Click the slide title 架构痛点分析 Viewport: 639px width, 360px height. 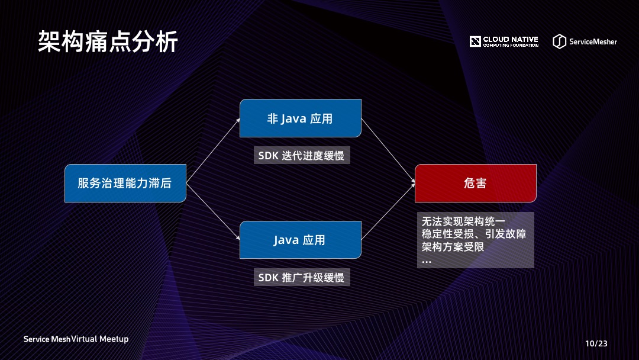coord(108,42)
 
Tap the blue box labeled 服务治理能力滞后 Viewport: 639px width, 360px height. coord(125,183)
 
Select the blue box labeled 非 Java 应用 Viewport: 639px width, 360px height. coord(300,118)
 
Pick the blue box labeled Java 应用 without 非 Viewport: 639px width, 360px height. coord(300,240)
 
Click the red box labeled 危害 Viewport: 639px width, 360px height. coord(475,183)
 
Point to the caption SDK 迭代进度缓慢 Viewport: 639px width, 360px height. coord(301,156)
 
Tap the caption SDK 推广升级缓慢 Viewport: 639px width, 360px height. coord(301,277)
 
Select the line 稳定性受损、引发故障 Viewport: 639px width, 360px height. coord(474,234)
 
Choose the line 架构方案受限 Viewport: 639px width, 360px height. coord(453,247)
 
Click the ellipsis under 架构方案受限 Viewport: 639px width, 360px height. coord(427,261)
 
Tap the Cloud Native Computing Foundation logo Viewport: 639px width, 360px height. coord(504,41)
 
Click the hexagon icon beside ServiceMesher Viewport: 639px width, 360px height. coord(559,41)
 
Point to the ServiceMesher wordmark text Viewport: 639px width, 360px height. coord(593,41)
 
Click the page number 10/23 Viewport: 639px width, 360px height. coord(596,343)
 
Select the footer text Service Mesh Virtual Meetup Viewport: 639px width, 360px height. coord(76,339)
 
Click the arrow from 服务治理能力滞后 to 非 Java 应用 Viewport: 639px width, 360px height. coord(213,150)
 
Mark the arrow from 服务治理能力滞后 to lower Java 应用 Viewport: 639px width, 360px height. coord(213,211)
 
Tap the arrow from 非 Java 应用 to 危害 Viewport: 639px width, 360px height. coord(388,151)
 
